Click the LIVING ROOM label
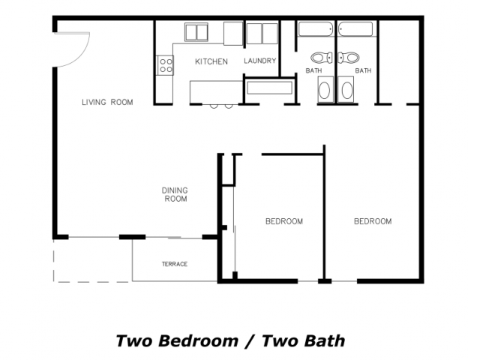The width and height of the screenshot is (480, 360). point(107,102)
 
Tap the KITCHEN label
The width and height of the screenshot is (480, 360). point(211,61)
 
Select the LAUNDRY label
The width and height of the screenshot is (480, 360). point(260,61)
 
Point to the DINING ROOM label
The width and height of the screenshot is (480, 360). point(175,195)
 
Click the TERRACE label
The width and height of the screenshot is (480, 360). point(175,264)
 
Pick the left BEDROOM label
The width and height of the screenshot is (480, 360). point(284,221)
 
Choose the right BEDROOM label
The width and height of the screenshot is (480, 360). point(373,221)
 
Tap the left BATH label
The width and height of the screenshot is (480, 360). point(313,70)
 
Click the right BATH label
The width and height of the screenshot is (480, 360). point(363,70)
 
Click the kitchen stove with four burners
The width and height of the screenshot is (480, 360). point(165,65)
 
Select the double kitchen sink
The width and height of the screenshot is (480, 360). point(196,31)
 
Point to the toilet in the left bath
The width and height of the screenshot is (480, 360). point(322,58)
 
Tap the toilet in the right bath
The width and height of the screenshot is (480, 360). point(348,58)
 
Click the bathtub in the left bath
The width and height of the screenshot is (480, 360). point(316,29)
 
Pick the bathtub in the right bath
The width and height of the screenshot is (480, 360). point(355,29)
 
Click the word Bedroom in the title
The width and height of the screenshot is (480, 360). point(198,341)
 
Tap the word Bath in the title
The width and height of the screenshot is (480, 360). point(325,341)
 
